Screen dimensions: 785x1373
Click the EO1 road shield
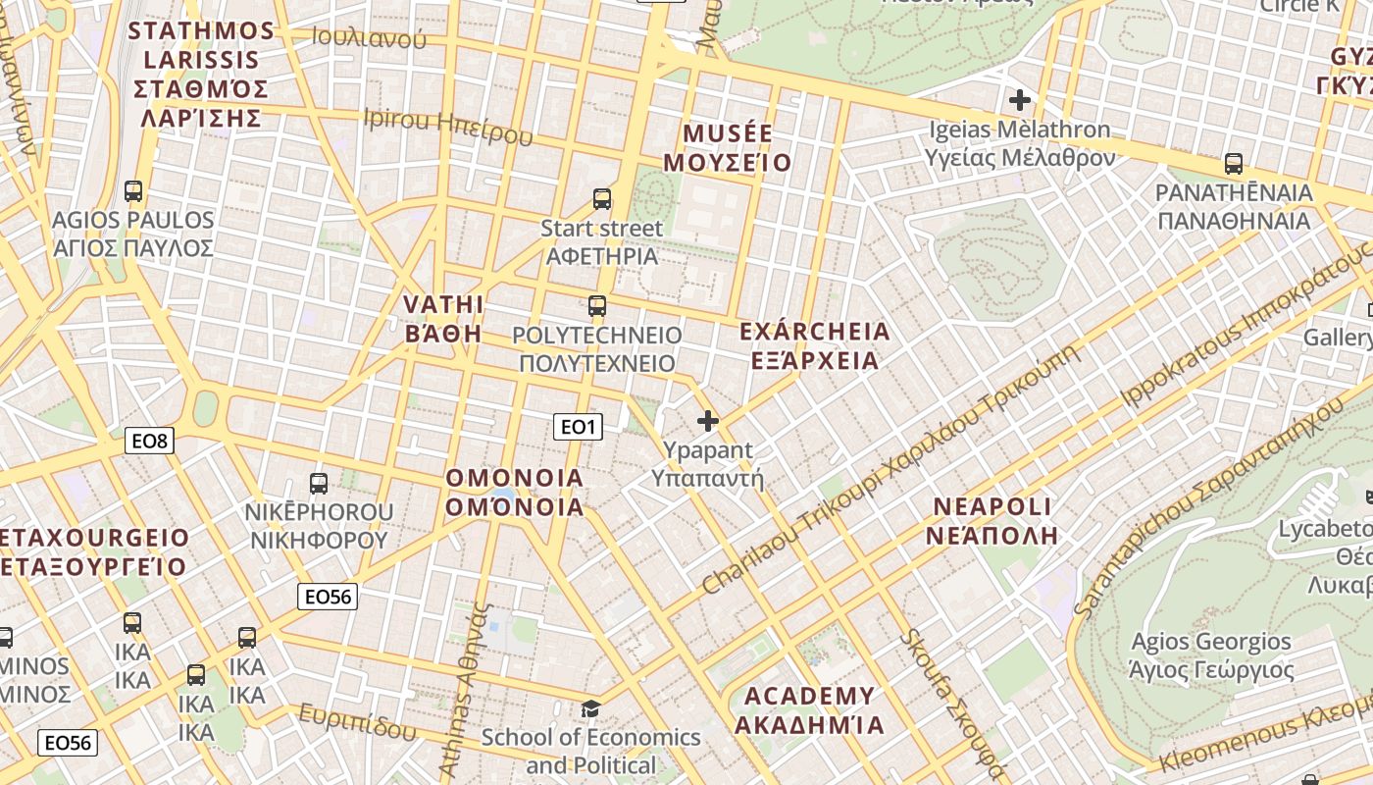(x=578, y=426)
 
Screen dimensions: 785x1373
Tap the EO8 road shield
(x=151, y=441)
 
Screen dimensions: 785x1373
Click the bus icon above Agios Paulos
(x=133, y=191)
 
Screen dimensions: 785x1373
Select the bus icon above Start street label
(x=602, y=199)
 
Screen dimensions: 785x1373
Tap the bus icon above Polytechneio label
(x=597, y=305)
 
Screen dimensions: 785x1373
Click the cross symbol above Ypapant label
(x=707, y=422)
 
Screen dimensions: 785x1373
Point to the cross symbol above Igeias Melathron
(x=1020, y=99)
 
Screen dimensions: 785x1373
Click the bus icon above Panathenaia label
(x=1234, y=163)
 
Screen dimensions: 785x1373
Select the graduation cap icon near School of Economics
(x=590, y=707)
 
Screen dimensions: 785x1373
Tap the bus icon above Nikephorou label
(x=319, y=483)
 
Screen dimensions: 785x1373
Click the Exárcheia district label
(x=814, y=345)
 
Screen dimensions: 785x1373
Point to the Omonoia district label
(x=515, y=493)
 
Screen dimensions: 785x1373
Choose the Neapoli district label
(x=992, y=521)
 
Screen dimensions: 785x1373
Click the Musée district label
(x=728, y=148)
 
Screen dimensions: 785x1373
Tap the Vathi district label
(x=443, y=318)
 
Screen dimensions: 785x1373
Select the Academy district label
(x=809, y=710)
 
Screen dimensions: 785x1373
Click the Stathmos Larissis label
(x=201, y=74)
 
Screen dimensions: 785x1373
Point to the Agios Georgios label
(x=1211, y=655)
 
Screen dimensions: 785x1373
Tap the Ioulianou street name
(x=369, y=37)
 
